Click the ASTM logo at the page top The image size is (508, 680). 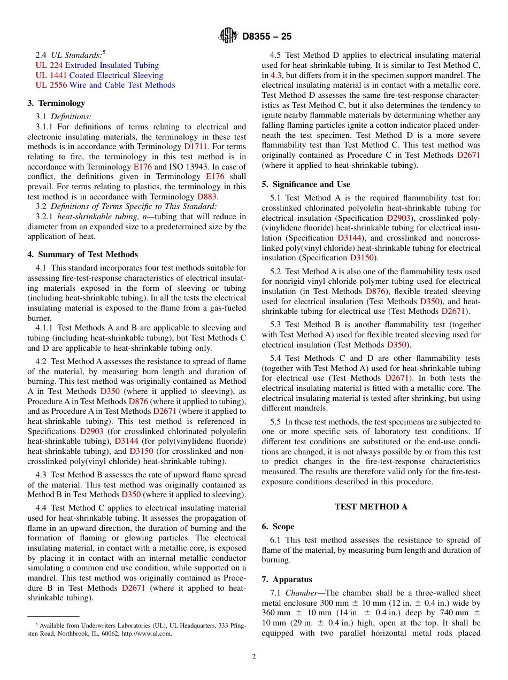point(229,36)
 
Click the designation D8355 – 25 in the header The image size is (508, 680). point(267,37)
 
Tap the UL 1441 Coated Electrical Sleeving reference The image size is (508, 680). point(99,75)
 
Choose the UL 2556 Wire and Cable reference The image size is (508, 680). point(105,85)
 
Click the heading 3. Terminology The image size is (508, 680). point(56,103)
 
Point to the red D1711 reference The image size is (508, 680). point(195,146)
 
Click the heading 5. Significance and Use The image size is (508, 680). point(306,184)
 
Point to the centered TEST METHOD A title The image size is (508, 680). point(371,507)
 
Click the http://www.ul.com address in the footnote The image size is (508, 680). point(145,633)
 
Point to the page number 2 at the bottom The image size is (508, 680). point(254,657)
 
